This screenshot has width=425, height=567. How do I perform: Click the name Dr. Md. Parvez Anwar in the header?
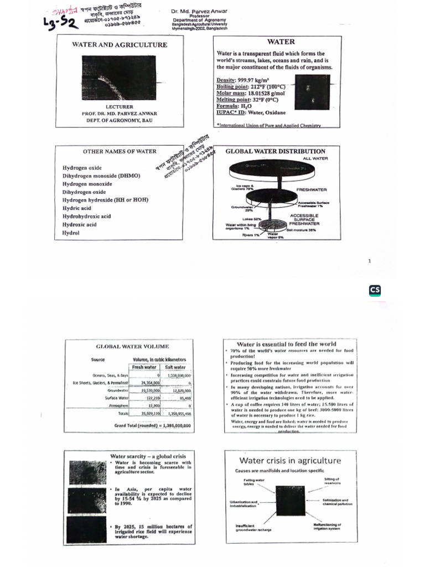(200, 11)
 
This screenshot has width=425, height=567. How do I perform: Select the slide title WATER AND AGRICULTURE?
(119, 44)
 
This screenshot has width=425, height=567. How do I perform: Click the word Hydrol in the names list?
(71, 233)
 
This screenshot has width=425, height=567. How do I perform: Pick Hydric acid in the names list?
(76, 208)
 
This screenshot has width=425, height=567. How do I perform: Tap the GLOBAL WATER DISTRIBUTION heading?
(276, 151)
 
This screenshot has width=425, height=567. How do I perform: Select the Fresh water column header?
(145, 367)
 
